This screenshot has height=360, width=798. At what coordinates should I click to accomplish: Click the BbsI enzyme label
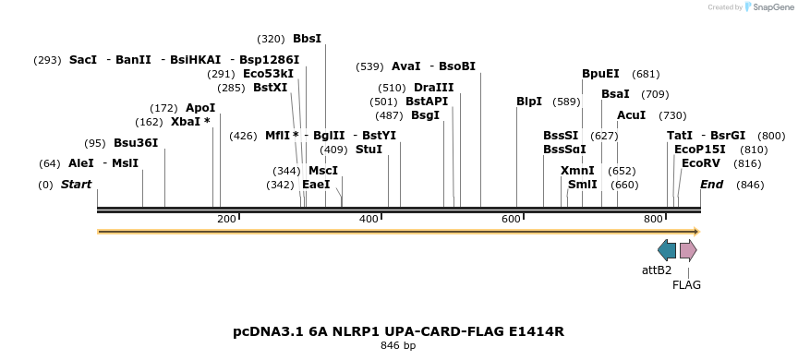307,39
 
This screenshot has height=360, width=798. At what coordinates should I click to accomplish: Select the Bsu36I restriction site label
136,143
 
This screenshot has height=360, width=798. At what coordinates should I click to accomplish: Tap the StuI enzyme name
369,150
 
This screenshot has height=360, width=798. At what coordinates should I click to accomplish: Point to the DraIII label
434,88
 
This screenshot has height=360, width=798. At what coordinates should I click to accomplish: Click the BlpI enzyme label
529,102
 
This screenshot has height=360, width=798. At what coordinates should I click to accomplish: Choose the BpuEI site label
600,74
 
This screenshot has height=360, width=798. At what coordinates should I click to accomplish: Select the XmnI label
578,171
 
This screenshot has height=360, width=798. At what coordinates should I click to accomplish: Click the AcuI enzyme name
632,115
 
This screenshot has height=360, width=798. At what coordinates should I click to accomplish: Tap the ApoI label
200,108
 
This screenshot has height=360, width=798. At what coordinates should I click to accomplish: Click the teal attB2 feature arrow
667,250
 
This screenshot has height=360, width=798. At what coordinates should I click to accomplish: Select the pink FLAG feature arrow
688,250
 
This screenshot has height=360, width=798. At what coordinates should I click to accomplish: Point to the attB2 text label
657,270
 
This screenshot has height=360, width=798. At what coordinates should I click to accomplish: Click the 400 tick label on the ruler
369,219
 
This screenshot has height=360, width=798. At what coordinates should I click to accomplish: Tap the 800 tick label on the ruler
654,219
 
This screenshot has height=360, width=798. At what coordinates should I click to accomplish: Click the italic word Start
76,185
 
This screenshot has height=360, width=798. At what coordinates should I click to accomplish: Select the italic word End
711,185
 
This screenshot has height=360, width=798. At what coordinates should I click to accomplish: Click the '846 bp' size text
398,346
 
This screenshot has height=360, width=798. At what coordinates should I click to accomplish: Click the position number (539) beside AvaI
369,66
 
